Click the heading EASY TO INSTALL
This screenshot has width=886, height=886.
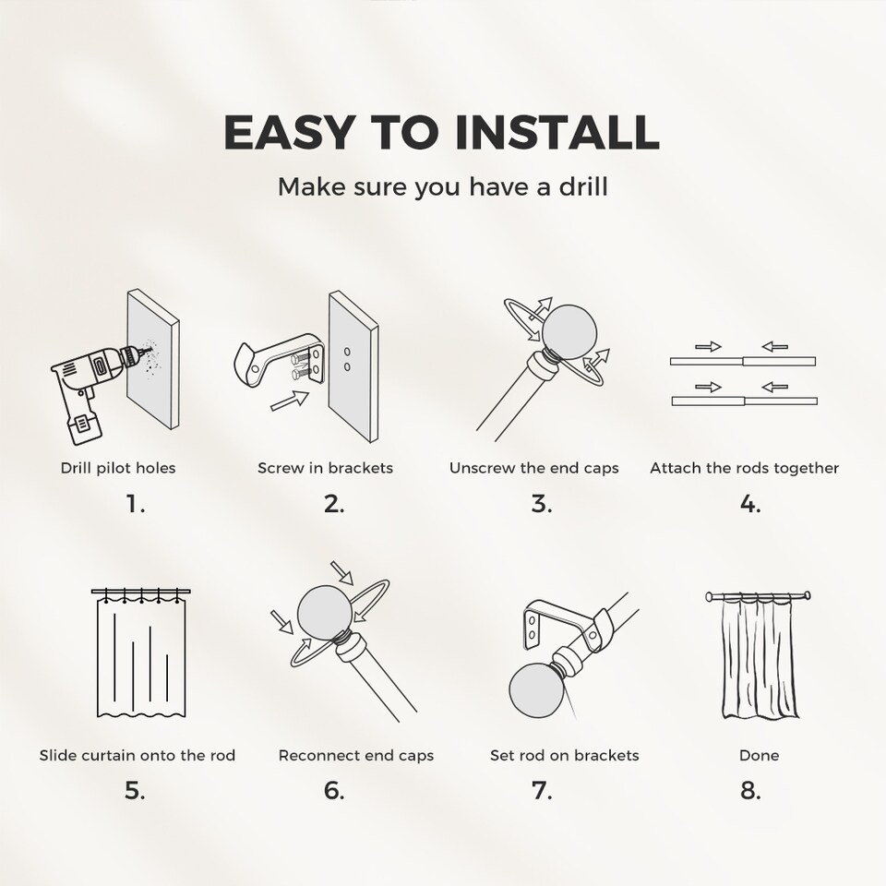(x=442, y=133)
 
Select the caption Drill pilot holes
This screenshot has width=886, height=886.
(x=118, y=468)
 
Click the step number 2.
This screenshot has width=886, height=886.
(x=334, y=504)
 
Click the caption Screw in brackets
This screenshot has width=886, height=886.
(x=325, y=468)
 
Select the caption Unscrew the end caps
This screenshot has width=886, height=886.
(x=533, y=468)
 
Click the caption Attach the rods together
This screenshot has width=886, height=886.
(x=744, y=468)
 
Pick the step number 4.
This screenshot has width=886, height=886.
(x=749, y=504)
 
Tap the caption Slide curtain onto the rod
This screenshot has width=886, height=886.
(x=138, y=755)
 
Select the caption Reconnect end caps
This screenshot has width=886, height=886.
(x=356, y=755)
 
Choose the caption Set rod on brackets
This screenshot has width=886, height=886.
(x=564, y=755)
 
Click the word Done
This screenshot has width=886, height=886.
(x=759, y=755)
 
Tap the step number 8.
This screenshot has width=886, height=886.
(x=750, y=791)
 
